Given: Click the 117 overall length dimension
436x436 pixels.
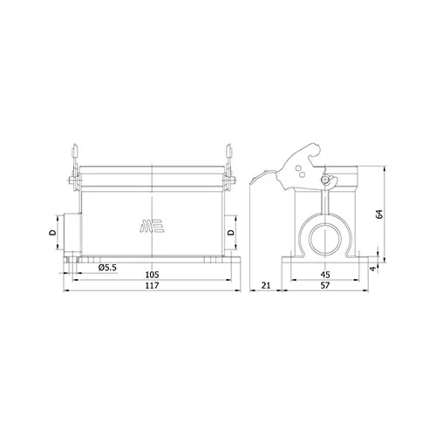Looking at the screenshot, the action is coord(153,285).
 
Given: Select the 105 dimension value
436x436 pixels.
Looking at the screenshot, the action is coord(153,275).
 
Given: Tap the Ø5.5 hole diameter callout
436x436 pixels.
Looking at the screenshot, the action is coord(107,268).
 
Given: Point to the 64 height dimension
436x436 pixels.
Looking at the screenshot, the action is coord(379,215).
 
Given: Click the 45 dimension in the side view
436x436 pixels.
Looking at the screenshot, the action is coord(325,275).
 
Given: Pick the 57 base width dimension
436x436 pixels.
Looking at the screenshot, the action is coord(325,285).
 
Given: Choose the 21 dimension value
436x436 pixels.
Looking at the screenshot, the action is coord(266,285).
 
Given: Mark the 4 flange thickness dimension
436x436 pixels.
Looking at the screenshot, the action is coord(373,269).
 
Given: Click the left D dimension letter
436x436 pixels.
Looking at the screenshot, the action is coord(53,232).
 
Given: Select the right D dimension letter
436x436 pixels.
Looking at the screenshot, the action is coord(231,232).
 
